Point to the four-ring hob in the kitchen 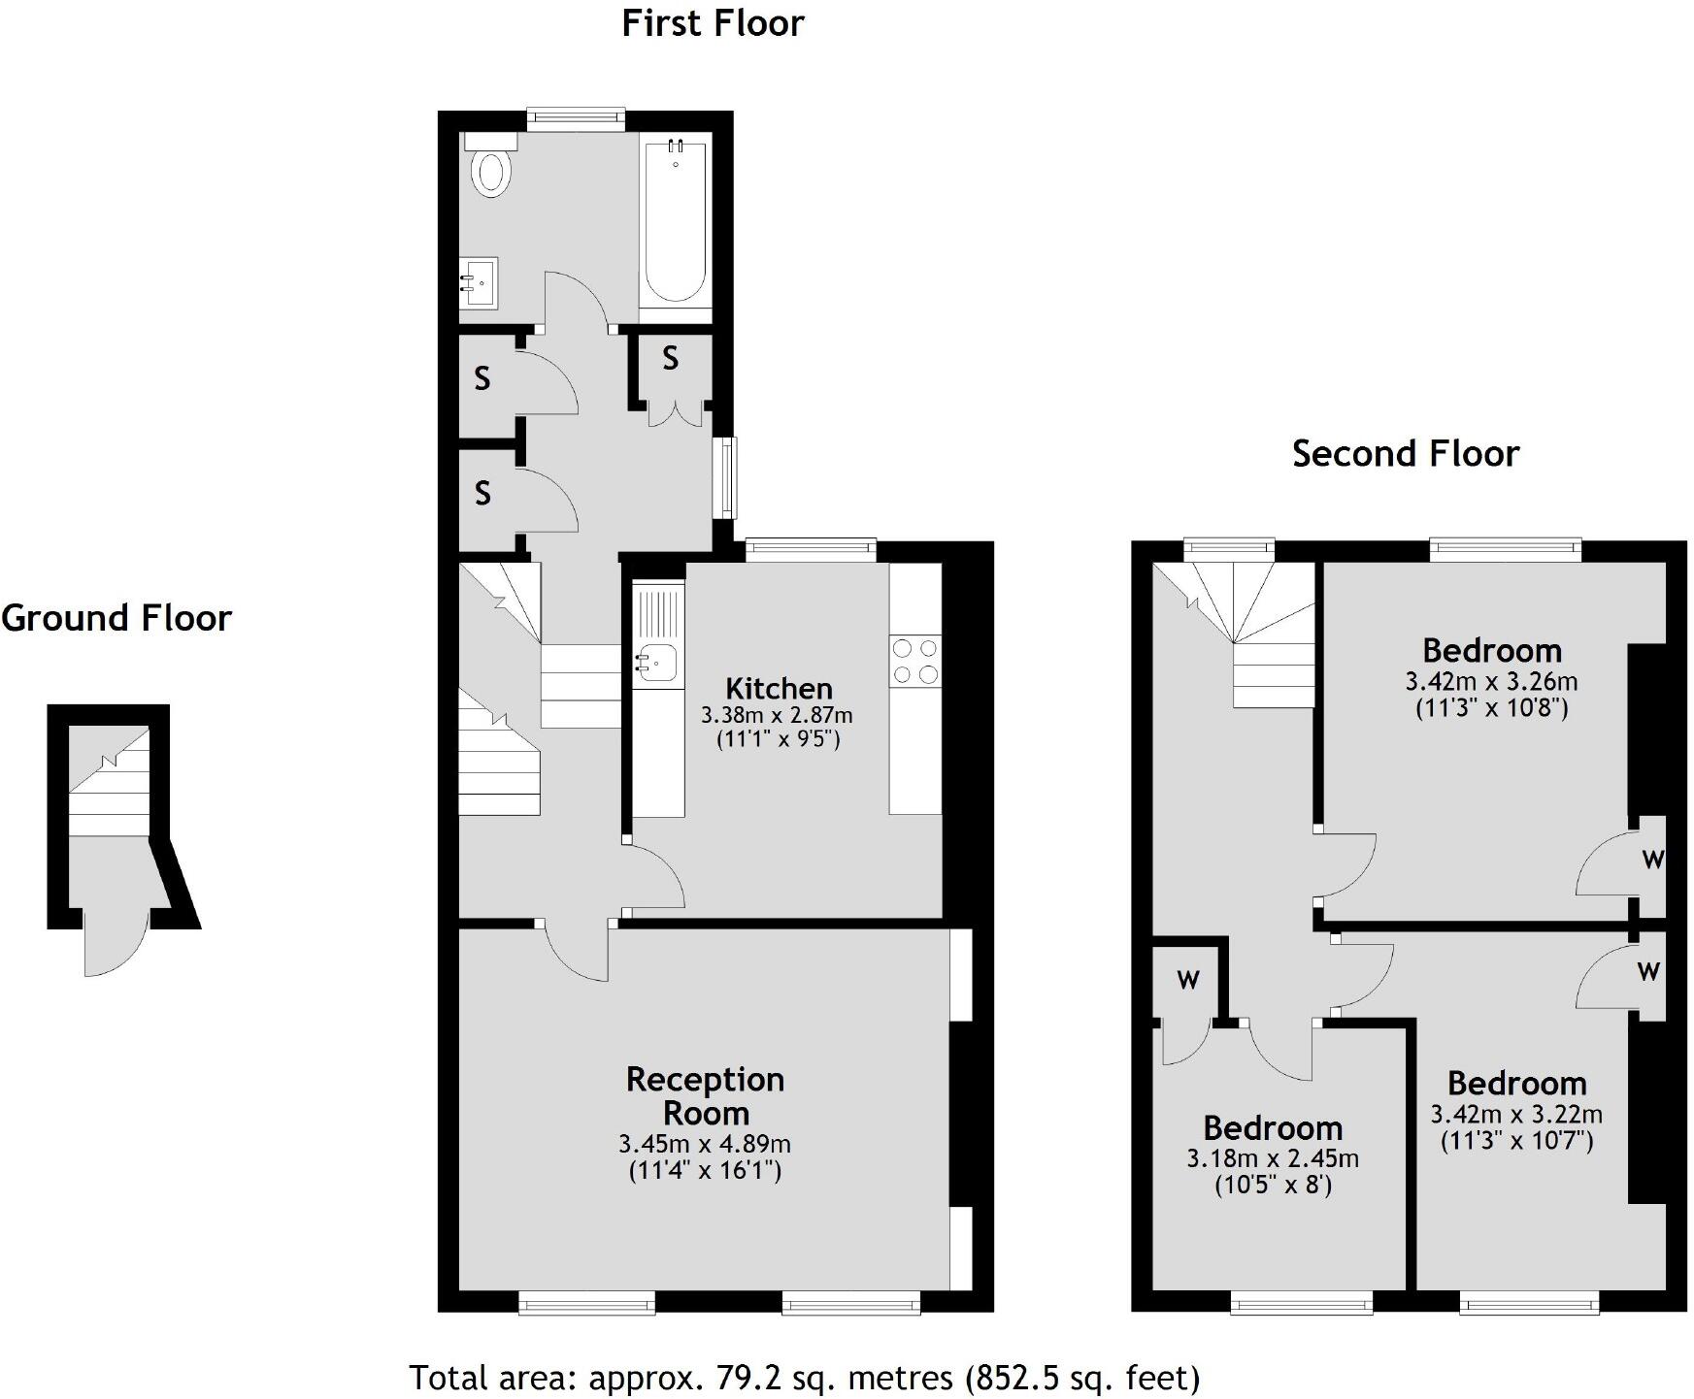click(915, 661)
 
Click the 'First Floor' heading click(713, 23)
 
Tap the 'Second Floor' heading click(1405, 453)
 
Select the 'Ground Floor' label click(116, 618)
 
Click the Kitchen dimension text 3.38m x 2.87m click(777, 716)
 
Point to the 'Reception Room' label click(705, 1096)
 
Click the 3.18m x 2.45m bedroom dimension click(1273, 1158)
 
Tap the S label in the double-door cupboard click(670, 360)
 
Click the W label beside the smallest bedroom click(1188, 980)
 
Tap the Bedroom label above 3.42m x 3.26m click(1492, 650)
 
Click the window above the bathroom click(576, 119)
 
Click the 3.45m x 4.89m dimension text click(705, 1145)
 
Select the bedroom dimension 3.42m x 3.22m click(1516, 1115)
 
